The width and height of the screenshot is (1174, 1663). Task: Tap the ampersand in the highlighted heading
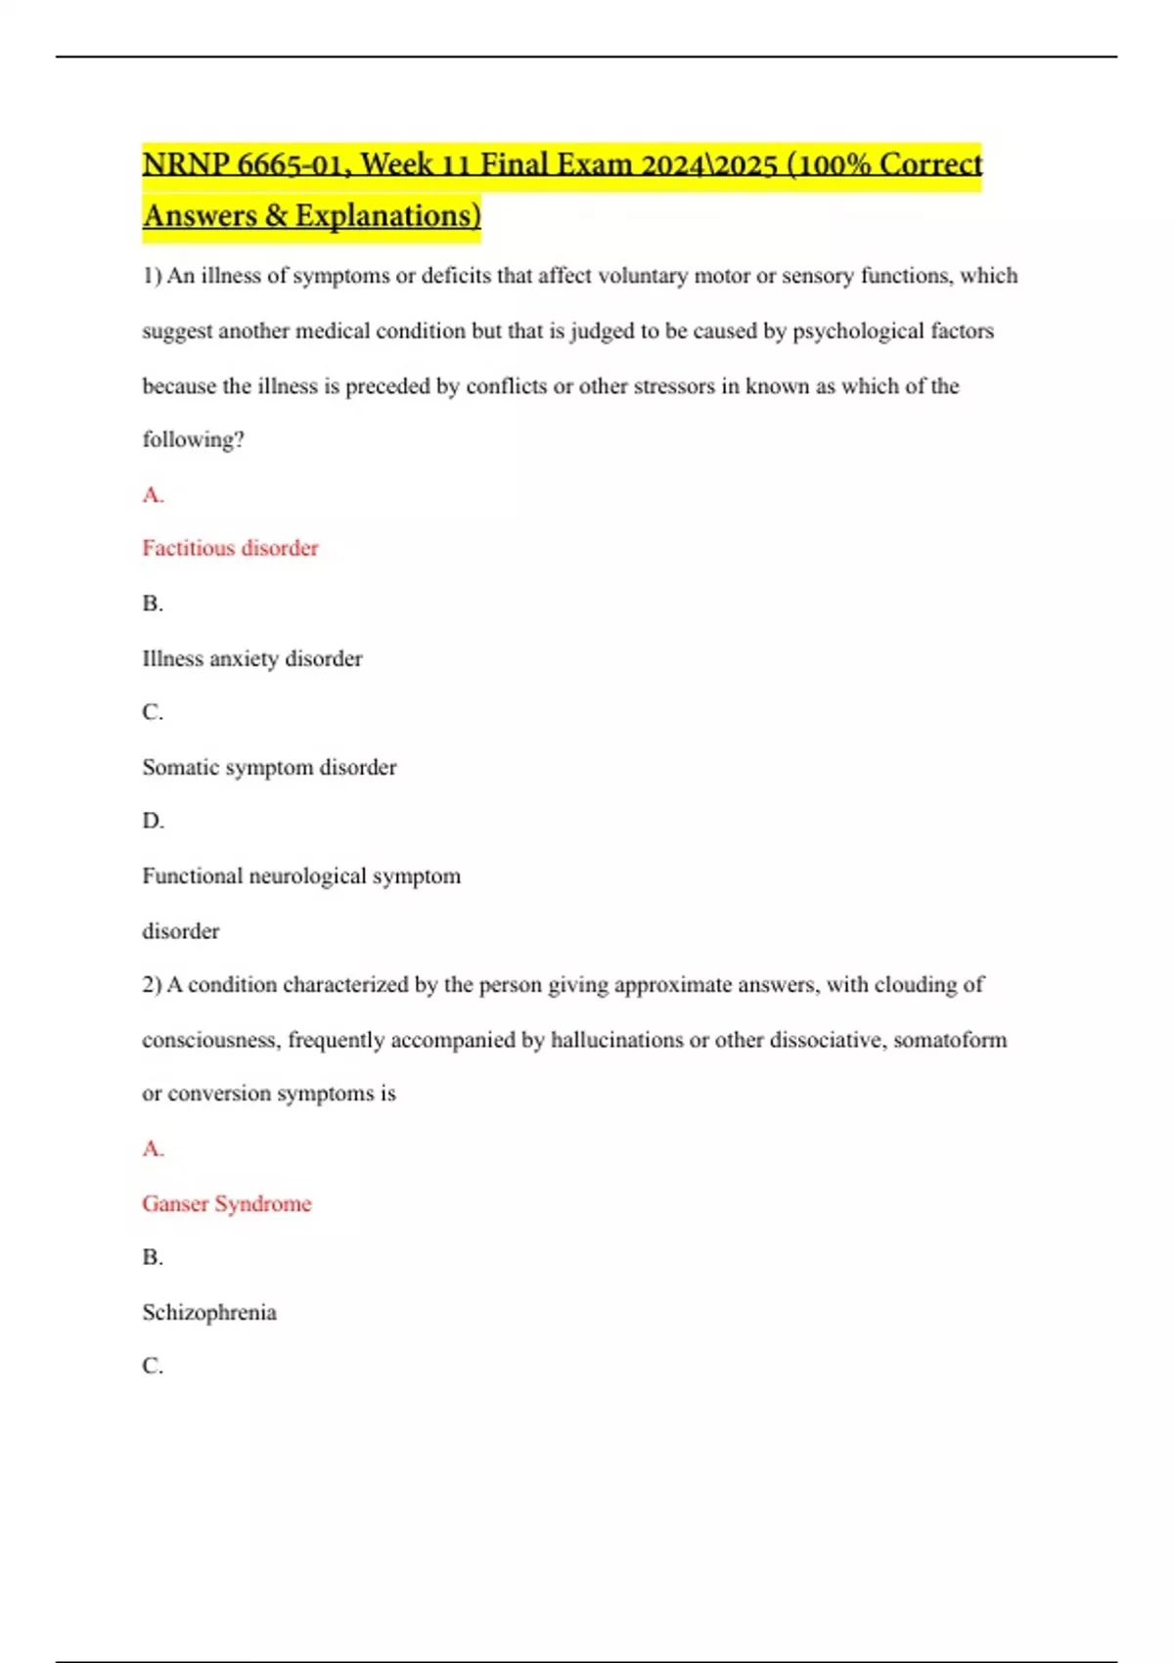click(x=275, y=215)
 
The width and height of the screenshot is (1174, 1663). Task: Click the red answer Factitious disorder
click(x=231, y=548)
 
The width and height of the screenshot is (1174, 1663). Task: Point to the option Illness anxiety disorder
click(x=252, y=658)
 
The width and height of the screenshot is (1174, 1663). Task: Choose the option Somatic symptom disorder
click(x=269, y=767)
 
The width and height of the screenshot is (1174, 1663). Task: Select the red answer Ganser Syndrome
click(x=227, y=1203)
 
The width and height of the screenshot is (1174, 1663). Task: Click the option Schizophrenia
click(x=209, y=1312)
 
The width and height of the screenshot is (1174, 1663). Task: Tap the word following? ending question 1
click(x=194, y=439)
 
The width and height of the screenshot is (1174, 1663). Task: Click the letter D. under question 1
click(x=153, y=821)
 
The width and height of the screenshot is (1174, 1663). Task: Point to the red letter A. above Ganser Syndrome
click(x=153, y=1148)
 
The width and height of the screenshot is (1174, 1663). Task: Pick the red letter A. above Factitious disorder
click(x=153, y=495)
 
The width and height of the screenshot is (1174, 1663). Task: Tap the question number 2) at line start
click(x=152, y=984)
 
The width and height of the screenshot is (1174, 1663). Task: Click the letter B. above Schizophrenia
click(x=153, y=1257)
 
